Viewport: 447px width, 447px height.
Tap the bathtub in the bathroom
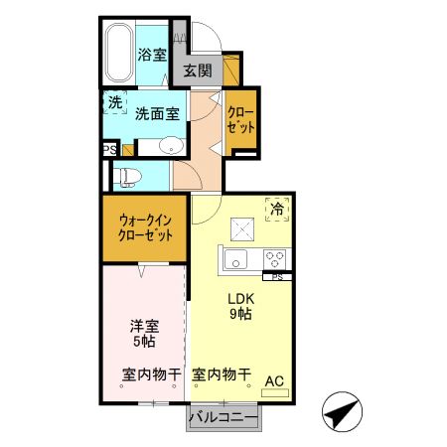(x=119, y=55)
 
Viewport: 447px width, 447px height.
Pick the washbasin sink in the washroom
(x=171, y=146)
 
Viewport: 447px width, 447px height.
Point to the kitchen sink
(x=237, y=260)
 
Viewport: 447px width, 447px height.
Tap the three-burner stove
(x=273, y=259)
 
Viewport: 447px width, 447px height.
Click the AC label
(x=274, y=378)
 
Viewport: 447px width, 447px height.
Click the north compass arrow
(x=343, y=408)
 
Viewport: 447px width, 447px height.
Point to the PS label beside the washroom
(x=108, y=150)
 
